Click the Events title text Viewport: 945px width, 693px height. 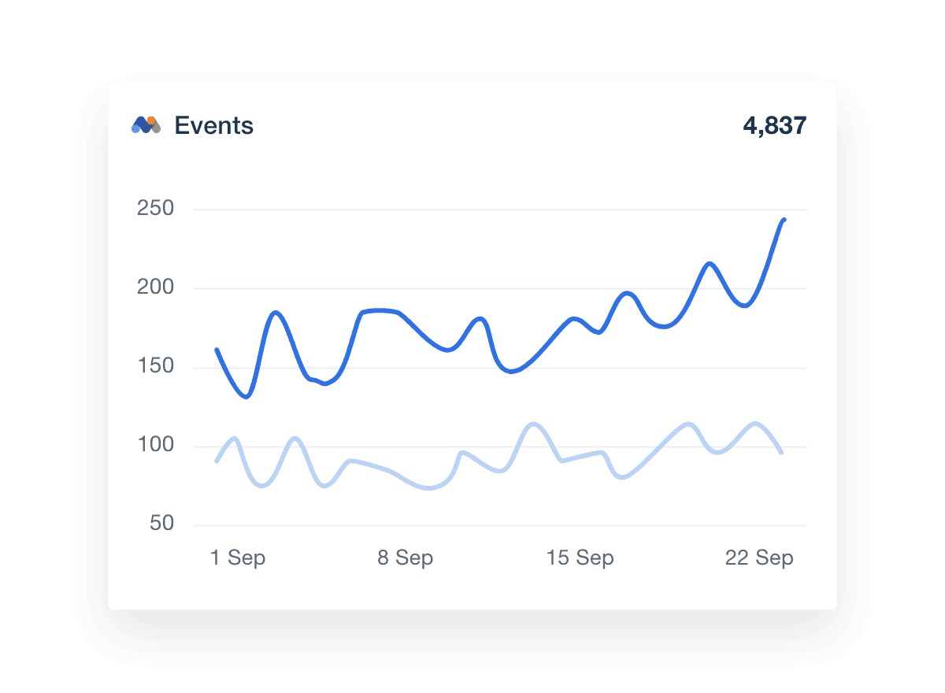point(213,126)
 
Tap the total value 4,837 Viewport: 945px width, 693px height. point(774,126)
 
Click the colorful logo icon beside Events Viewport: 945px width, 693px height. point(146,124)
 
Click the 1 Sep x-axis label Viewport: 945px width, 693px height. point(238,558)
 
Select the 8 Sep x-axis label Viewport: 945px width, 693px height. point(405,558)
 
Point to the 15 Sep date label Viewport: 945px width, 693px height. point(580,558)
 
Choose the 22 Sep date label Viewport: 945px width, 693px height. point(759,558)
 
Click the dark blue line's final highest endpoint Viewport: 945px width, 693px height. point(784,220)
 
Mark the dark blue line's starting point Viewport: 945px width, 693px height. point(217,350)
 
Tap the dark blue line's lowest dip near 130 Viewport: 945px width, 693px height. point(247,396)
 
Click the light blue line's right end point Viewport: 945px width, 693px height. point(781,452)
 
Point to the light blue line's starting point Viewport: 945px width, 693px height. point(217,461)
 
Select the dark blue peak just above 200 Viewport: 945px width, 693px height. point(710,263)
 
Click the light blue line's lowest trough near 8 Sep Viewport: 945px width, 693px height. point(429,488)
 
